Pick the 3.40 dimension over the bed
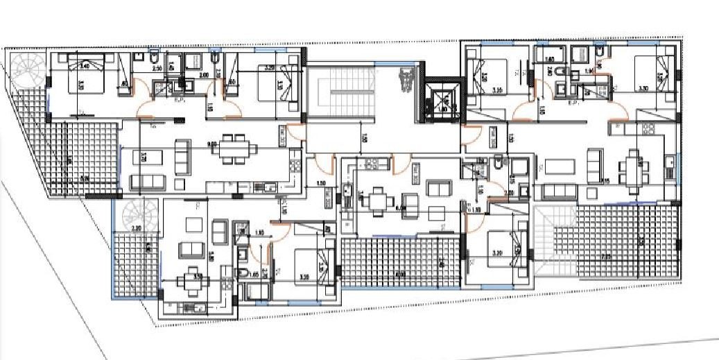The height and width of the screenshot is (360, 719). tap(85, 67)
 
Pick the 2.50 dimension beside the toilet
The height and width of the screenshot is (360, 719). tap(157, 69)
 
